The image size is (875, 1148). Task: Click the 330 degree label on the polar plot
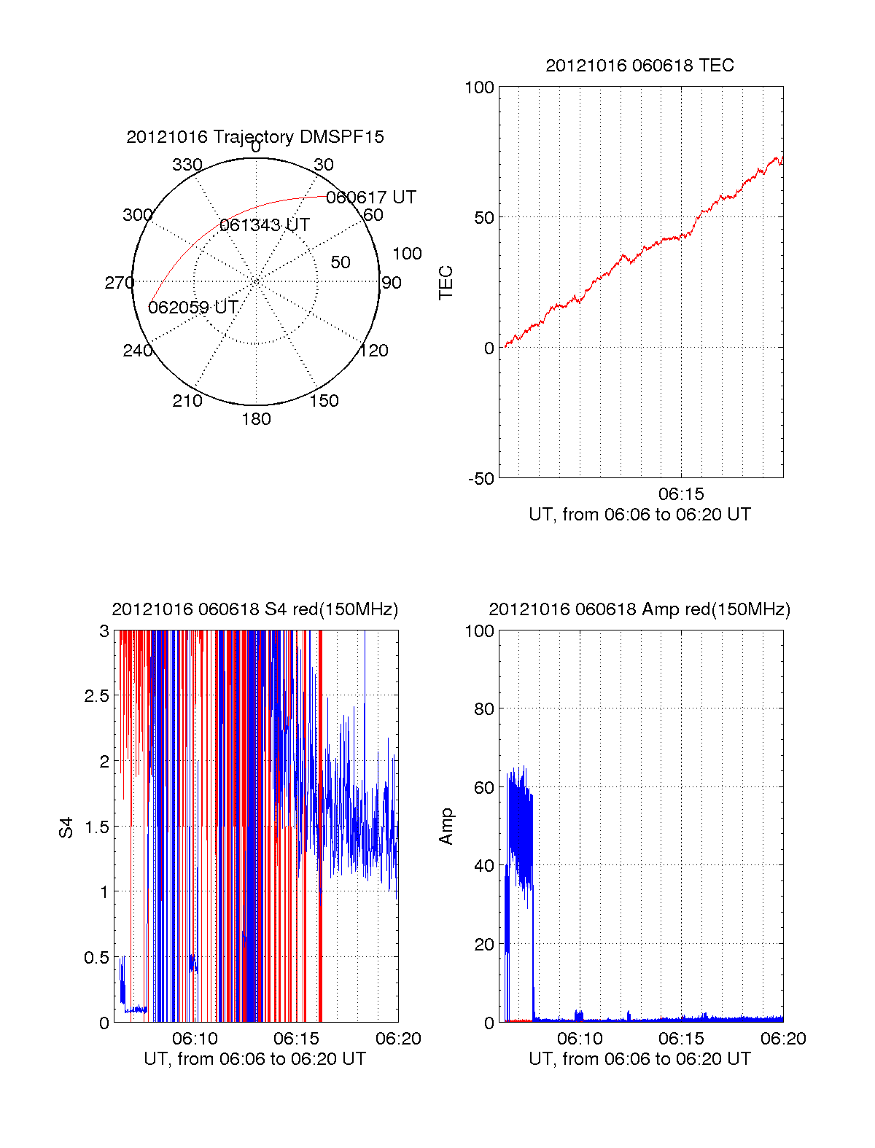click(187, 165)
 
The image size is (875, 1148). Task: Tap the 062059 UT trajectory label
click(193, 308)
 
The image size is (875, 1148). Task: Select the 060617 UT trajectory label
click(371, 198)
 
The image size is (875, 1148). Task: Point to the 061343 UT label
click(265, 225)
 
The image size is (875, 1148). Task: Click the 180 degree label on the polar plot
click(256, 419)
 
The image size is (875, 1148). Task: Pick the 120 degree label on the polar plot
click(374, 351)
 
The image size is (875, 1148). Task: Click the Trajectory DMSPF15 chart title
click(255, 137)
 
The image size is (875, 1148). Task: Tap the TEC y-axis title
click(446, 283)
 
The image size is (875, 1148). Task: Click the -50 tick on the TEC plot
click(481, 479)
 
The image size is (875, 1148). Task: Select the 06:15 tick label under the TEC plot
click(681, 494)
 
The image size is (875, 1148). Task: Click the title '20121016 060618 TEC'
click(639, 66)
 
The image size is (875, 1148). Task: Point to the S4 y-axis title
click(66, 828)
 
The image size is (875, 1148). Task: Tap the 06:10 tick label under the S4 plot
click(195, 1039)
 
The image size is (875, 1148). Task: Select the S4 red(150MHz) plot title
click(255, 609)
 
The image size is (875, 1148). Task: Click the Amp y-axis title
click(446, 827)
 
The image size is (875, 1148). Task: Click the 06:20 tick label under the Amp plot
click(783, 1039)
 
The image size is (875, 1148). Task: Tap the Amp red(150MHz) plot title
click(639, 609)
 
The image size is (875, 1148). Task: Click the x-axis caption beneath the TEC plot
click(639, 515)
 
